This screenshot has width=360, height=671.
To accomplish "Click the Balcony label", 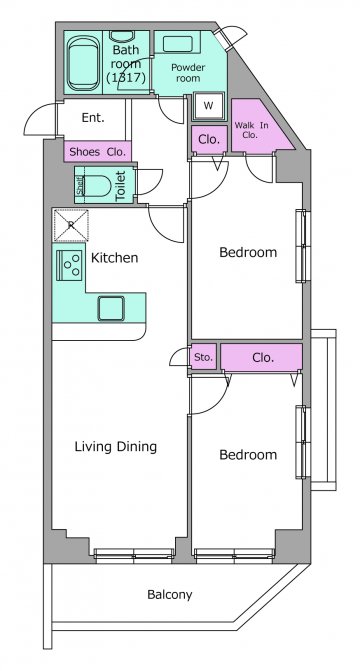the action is [170, 594].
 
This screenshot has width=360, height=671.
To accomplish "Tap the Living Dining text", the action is [116, 447].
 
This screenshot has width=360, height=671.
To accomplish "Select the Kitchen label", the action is [115, 258].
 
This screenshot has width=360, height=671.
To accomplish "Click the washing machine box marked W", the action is [208, 106].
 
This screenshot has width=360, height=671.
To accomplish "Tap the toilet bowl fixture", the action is [98, 185].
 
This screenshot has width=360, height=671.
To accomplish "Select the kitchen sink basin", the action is [111, 308].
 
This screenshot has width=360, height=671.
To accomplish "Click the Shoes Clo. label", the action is [98, 151].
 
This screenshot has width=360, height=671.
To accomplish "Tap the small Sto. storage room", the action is [203, 357].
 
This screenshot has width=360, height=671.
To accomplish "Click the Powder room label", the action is [188, 73].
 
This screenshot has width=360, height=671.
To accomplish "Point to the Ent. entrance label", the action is [93, 118].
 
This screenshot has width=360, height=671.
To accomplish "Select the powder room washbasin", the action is [177, 45].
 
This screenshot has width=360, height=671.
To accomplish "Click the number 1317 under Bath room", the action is [127, 77].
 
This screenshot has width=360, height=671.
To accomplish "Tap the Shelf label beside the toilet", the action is [80, 185].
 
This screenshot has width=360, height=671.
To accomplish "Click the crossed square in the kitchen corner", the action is [71, 225].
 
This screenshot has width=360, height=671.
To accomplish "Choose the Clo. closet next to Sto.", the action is [262, 357].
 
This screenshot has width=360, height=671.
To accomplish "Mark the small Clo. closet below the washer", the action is [209, 140].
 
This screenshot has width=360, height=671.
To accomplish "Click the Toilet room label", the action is [121, 185].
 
